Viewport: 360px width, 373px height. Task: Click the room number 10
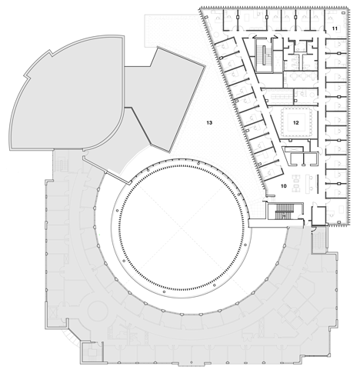[x=283, y=186]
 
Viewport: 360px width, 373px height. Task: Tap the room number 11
[x=335, y=28]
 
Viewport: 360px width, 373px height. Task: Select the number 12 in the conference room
[x=296, y=123]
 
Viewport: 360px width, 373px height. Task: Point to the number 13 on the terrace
[x=209, y=123]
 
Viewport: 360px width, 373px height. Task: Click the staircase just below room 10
[x=284, y=211]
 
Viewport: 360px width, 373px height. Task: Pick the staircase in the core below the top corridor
[x=264, y=55]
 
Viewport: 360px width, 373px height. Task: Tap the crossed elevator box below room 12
[x=292, y=149]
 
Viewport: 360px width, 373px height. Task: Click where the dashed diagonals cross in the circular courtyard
[x=181, y=227]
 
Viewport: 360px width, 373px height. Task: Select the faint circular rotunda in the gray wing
[x=97, y=311]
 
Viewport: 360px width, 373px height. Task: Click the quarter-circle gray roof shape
[x=68, y=93]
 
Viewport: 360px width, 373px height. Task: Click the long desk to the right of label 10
[x=308, y=183]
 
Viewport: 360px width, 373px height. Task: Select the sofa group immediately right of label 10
[x=297, y=183]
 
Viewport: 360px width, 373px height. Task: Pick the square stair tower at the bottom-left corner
[x=92, y=353]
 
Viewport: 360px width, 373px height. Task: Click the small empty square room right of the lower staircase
[x=318, y=215]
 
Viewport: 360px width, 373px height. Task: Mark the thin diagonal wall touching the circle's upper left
[x=107, y=170]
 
